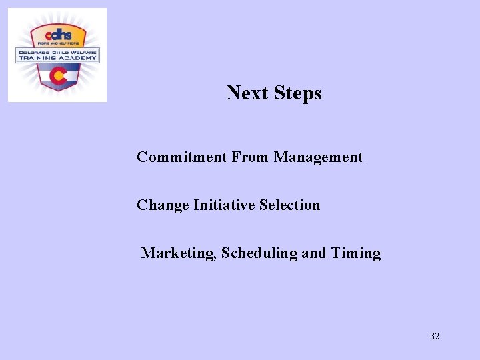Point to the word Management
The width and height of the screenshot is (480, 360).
click(x=319, y=158)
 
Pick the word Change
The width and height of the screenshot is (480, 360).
click(x=163, y=205)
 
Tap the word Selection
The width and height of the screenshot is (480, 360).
click(x=289, y=205)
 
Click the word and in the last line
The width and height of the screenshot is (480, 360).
click(x=313, y=253)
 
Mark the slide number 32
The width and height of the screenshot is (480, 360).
click(x=435, y=336)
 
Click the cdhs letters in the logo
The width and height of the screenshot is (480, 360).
click(x=57, y=34)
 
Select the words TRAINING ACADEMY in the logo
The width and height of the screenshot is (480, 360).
click(x=57, y=58)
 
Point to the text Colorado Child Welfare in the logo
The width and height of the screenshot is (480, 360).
click(x=57, y=51)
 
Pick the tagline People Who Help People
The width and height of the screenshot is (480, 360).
click(x=57, y=43)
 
